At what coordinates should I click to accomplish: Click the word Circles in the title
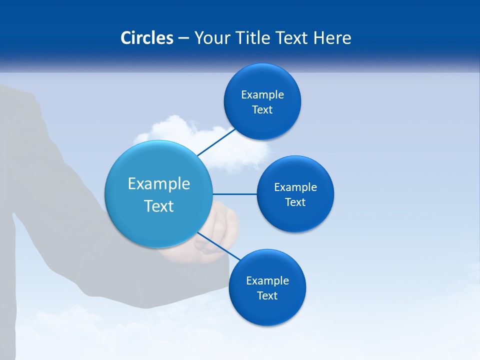(146, 38)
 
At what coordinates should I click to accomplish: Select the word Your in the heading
(211, 38)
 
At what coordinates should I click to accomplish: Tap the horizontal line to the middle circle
(234, 194)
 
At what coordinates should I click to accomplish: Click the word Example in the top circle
(262, 95)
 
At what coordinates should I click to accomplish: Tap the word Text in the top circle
(262, 110)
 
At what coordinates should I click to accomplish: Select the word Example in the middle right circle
(295, 187)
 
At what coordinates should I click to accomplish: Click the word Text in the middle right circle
(295, 202)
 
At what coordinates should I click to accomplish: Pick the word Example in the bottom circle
(267, 281)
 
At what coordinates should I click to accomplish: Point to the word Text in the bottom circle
(267, 296)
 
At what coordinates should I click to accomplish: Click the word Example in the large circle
(159, 184)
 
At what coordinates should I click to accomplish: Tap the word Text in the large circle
(159, 206)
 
